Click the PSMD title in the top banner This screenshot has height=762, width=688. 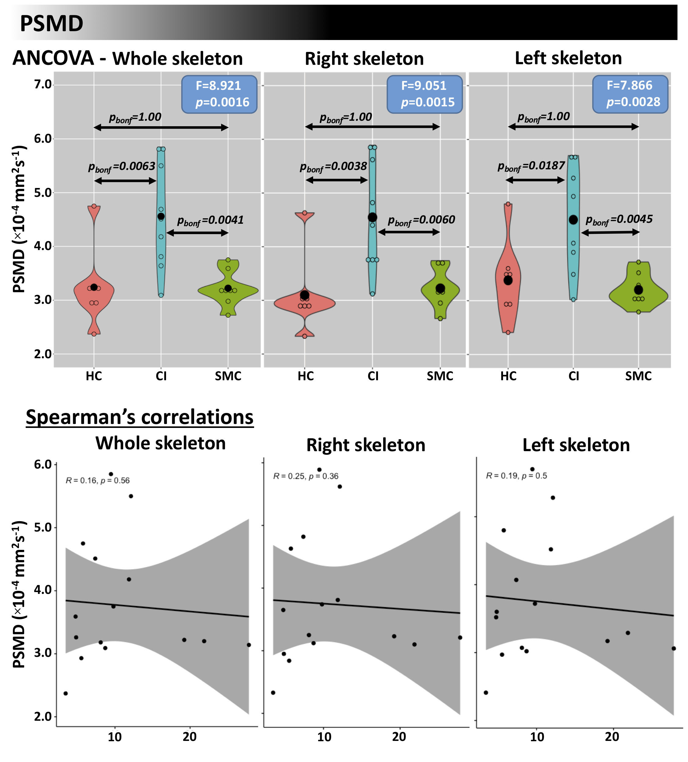tap(51, 24)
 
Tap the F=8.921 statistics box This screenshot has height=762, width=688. tap(219, 94)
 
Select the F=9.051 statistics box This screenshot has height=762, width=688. tap(424, 94)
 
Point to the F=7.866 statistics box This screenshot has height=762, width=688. tap(630, 94)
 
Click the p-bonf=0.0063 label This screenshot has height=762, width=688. tap(122, 167)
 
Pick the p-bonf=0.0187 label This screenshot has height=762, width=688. tap(531, 166)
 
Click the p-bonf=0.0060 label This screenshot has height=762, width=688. tap(421, 220)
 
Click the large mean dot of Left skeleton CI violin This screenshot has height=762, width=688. tap(573, 220)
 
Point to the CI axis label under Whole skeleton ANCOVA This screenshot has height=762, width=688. tap(161, 376)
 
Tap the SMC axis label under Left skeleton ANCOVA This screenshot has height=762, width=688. tap(638, 376)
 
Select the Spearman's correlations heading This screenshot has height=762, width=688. tap(139, 418)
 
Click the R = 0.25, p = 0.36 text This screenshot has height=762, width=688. tap(305, 476)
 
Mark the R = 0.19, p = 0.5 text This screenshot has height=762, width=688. tap(516, 476)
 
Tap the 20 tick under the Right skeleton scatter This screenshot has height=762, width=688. tap(399, 736)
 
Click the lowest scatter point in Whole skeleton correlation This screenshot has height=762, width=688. tap(66, 693)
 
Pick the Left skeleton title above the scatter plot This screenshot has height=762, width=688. tap(576, 445)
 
